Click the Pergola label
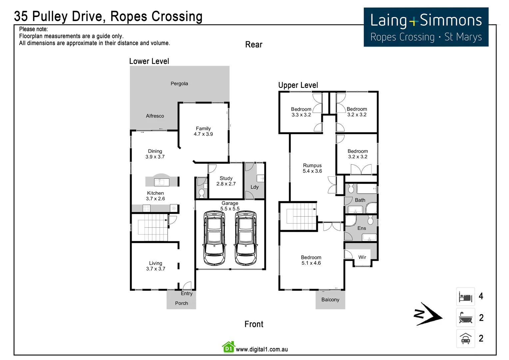click(179, 84)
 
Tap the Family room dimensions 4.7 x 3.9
click(203, 134)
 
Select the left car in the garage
click(214, 238)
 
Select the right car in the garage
click(246, 238)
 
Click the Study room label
click(226, 178)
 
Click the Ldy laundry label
click(254, 187)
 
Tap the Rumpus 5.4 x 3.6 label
click(312, 168)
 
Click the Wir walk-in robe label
click(362, 257)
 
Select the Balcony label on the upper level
click(330, 300)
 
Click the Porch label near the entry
click(182, 303)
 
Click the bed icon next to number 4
click(465, 297)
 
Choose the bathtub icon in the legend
click(465, 318)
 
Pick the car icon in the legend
click(465, 339)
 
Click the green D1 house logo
click(229, 347)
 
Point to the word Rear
click(254, 45)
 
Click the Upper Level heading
click(298, 85)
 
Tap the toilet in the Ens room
click(370, 220)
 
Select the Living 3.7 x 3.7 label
click(156, 266)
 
